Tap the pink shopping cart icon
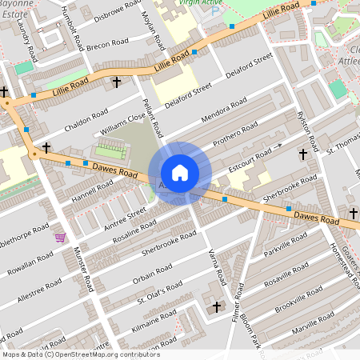pos(60,238)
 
